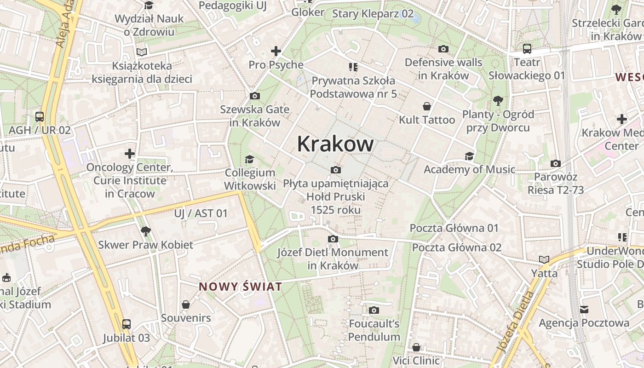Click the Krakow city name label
pos(335,144)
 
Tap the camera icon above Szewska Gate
pos(254,96)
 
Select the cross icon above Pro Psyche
pos(276,51)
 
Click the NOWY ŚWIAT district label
pos(240,287)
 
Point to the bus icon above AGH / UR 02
pos(40,116)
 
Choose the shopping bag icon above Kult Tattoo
pos(427,106)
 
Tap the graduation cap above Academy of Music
pos(469,156)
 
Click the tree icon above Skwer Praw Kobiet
pos(145,231)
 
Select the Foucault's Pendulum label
pos(374,330)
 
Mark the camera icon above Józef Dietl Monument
pos(333,239)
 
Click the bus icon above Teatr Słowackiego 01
pos(527,48)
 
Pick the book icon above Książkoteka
pos(142,52)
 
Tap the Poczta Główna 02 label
pos(456,247)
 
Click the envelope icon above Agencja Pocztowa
pos(584,310)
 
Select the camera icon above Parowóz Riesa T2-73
pos(556,163)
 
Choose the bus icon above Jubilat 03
pos(126,324)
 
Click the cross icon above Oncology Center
pos(130,153)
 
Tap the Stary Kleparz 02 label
pos(373,13)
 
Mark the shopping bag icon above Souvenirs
pos(186,305)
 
